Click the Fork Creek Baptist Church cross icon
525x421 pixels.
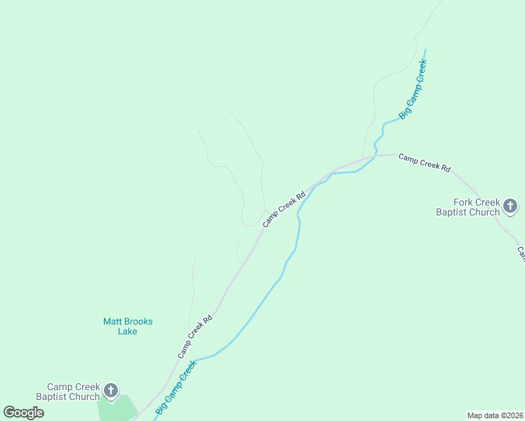[510, 206]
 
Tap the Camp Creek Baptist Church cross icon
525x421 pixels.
[110, 391]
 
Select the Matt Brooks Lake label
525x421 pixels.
[128, 326]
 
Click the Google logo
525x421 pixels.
[23, 413]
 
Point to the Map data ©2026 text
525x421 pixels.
[495, 415]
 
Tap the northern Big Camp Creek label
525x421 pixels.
[413, 89]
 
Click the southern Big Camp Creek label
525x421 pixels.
[175, 387]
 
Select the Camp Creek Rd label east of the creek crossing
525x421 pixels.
[424, 162]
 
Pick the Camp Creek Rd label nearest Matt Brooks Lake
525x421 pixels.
[194, 336]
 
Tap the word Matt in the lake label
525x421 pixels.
[112, 321]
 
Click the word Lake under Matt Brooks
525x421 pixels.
[128, 331]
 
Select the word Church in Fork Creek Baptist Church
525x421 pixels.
[484, 212]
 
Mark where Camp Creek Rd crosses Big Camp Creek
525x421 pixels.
[375, 156]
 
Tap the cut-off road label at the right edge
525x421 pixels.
[521, 253]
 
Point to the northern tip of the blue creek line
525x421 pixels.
[425, 50]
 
